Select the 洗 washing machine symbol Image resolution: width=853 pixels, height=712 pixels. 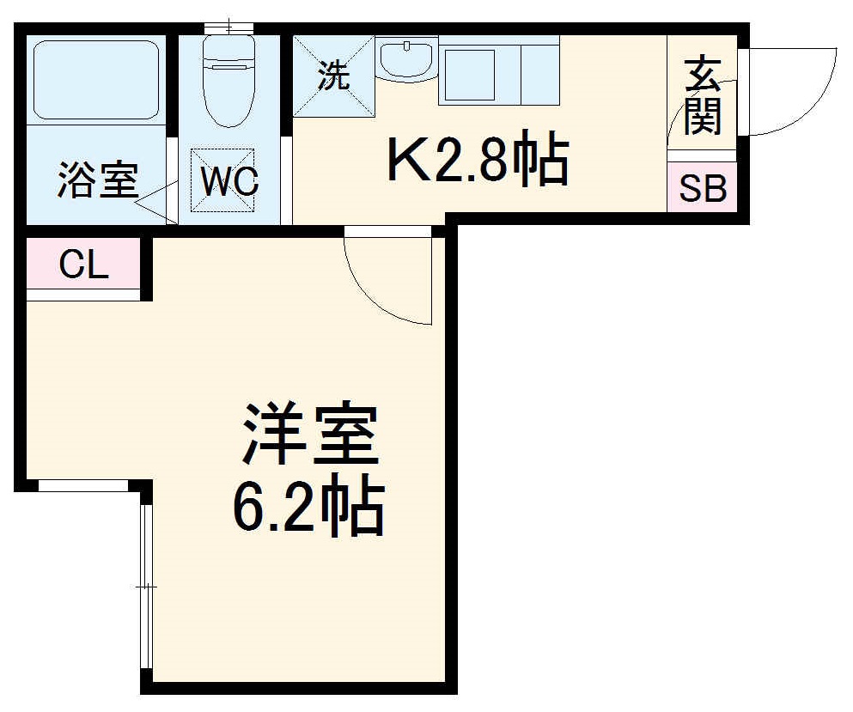pos(334,76)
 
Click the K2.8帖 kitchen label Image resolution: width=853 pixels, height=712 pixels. pos(478,161)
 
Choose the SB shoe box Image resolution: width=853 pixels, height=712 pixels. pos(702,188)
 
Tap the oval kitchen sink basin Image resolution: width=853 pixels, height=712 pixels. pos(406,61)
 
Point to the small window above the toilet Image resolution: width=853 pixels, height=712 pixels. pos(228,28)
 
